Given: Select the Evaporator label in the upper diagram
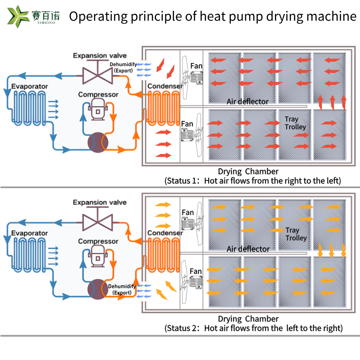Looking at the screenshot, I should pyautogui.click(x=30, y=86).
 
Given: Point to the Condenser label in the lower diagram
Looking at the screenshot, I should pyautogui.click(x=165, y=233).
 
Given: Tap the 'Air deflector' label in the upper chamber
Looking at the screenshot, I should pyautogui.click(x=247, y=102).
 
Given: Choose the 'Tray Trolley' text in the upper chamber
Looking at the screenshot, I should pyautogui.click(x=295, y=123).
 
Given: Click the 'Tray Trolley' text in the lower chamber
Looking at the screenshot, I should pyautogui.click(x=296, y=234).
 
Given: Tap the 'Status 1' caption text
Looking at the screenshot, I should pyautogui.click(x=253, y=181).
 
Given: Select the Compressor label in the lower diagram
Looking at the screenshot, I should pyautogui.click(x=98, y=242).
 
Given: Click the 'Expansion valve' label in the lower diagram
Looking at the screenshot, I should pyautogui.click(x=100, y=202).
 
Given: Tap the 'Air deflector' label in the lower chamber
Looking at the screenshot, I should pyautogui.click(x=248, y=249).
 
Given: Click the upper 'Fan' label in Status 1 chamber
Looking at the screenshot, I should pyautogui.click(x=196, y=66).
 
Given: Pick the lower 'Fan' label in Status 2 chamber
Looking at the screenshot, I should pyautogui.click(x=196, y=271).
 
